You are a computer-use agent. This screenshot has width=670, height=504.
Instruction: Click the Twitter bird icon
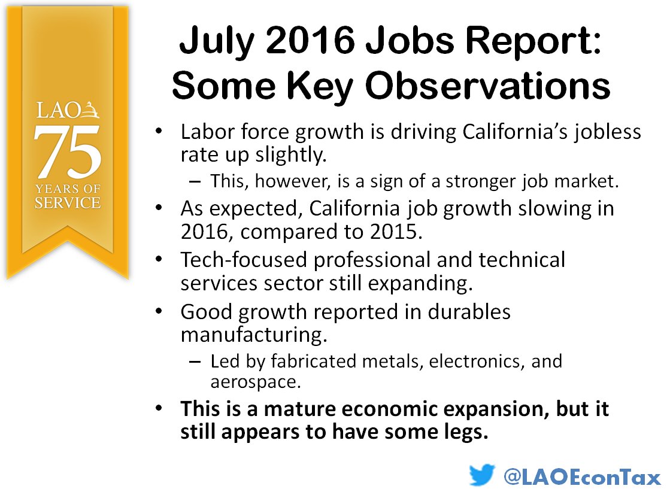click(x=482, y=476)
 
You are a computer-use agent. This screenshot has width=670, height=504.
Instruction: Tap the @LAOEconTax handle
click(x=581, y=477)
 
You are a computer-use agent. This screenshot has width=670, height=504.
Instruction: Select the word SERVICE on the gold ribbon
click(x=67, y=203)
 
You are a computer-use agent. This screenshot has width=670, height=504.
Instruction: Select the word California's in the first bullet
click(x=512, y=132)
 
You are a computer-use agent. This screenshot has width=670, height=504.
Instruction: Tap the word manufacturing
click(x=254, y=334)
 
